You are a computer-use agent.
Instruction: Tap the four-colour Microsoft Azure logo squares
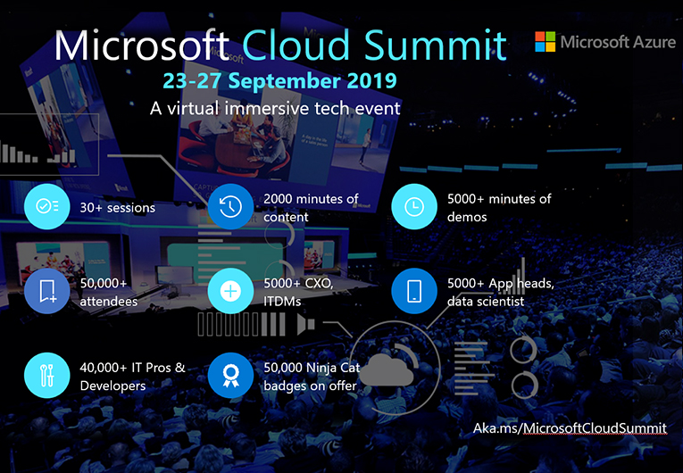[x=545, y=42]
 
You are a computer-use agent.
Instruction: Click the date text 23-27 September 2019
[x=279, y=80]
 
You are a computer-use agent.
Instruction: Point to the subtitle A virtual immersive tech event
[x=275, y=108]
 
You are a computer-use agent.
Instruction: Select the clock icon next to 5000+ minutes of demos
[x=413, y=207]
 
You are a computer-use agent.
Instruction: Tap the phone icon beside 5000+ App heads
[x=413, y=291]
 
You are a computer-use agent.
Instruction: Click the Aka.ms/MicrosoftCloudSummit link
[x=570, y=428]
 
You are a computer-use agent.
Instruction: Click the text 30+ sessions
[x=118, y=208]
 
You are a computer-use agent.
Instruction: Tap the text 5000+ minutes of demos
[x=499, y=207]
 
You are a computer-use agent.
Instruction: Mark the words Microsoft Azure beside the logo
[x=618, y=42]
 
